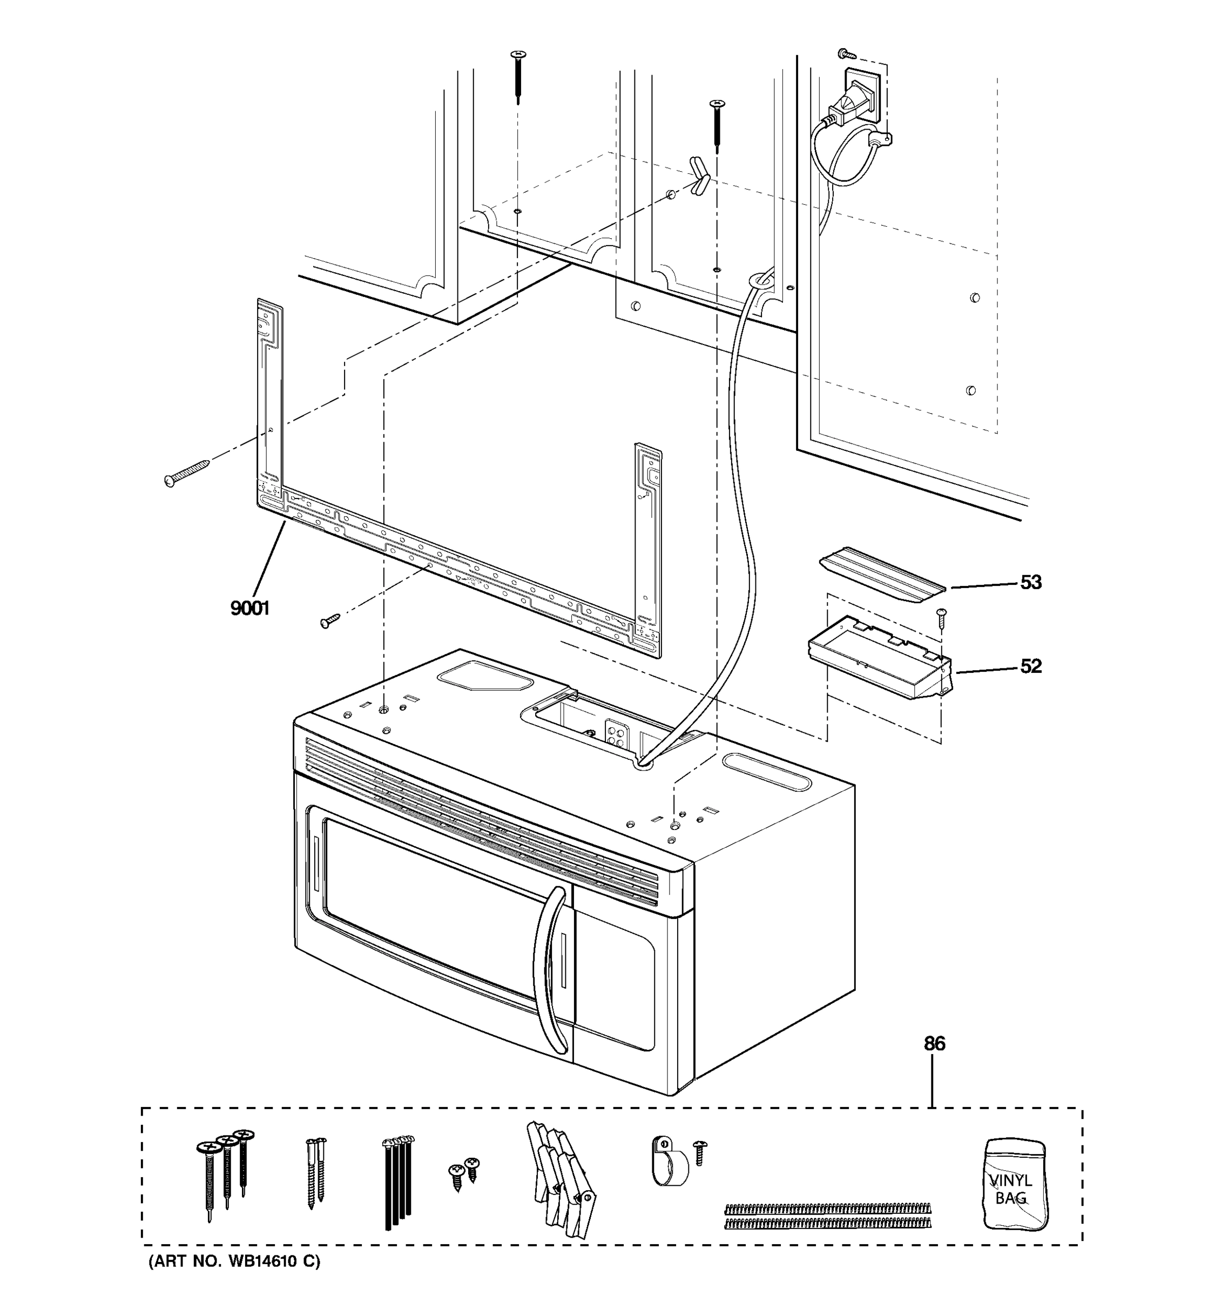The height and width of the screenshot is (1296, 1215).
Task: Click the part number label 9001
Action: click(249, 608)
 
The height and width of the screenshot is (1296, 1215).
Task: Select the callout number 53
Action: click(1030, 582)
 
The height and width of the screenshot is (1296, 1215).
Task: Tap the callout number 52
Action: click(1030, 666)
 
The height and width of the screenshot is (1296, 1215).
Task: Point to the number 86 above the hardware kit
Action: click(934, 1044)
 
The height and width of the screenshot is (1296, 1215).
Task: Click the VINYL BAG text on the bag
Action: click(1011, 1189)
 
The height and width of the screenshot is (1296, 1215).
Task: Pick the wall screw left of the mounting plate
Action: click(186, 473)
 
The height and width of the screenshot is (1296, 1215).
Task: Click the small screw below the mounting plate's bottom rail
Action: click(330, 620)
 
